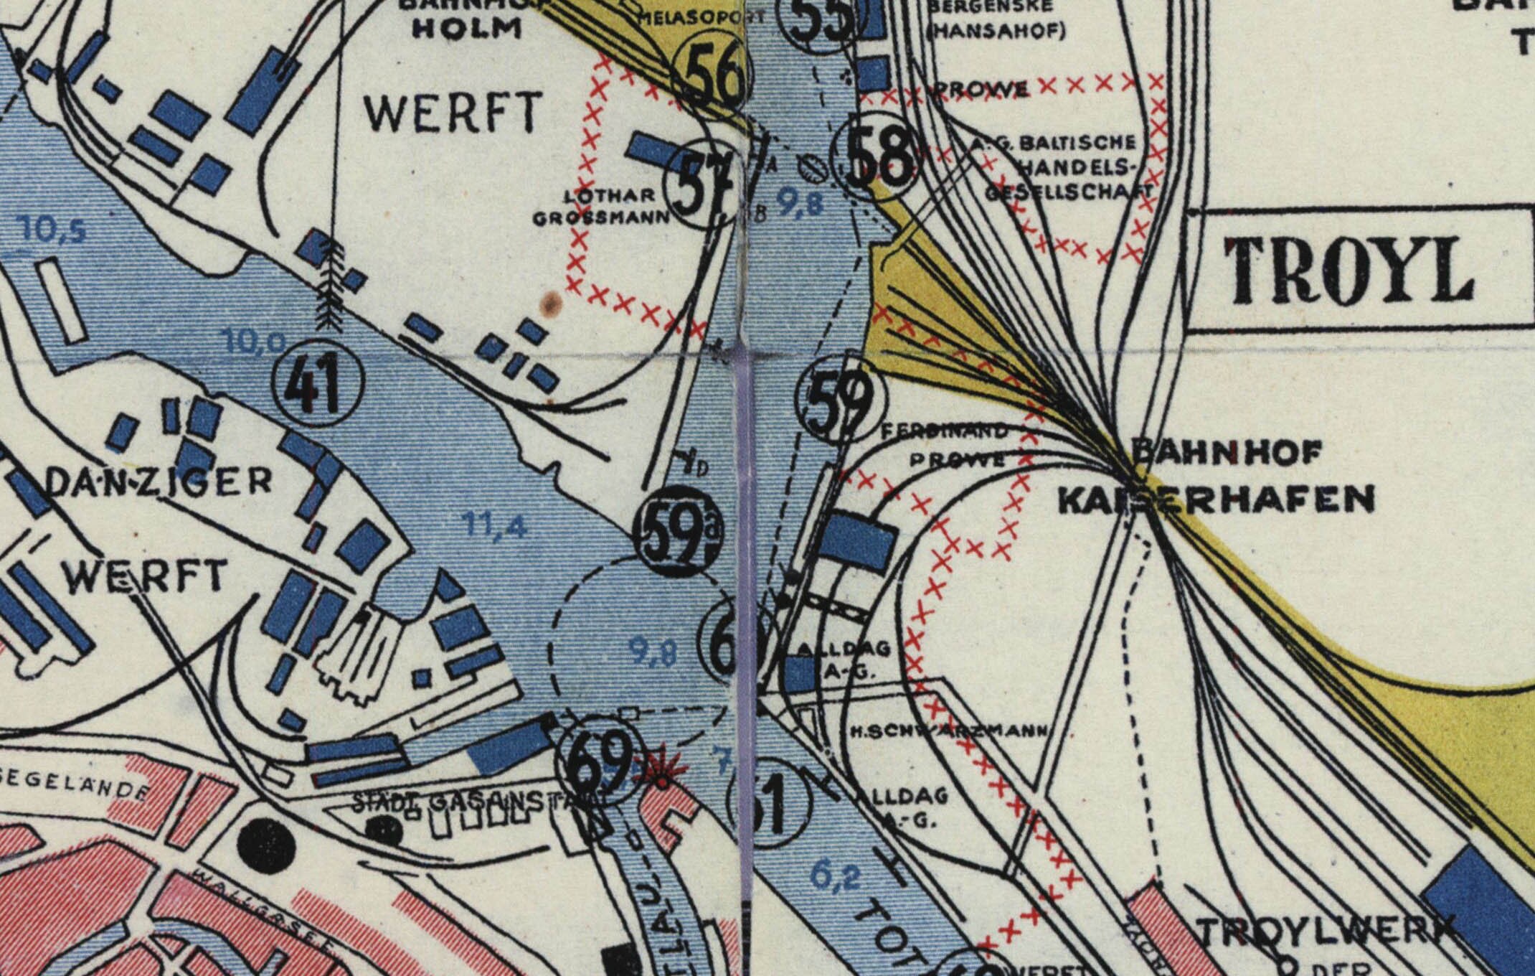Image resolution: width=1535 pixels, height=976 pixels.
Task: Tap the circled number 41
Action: click(x=319, y=388)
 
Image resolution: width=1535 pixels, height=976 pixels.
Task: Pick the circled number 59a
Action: click(x=678, y=535)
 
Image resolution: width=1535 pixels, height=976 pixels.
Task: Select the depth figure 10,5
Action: click(x=53, y=231)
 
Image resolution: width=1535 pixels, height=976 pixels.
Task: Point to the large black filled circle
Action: click(x=265, y=839)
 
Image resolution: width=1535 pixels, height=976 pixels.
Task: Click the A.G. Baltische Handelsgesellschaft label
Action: click(x=1062, y=167)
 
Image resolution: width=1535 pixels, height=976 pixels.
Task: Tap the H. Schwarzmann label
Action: click(x=947, y=731)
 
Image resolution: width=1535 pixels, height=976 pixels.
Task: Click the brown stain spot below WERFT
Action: click(x=550, y=304)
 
